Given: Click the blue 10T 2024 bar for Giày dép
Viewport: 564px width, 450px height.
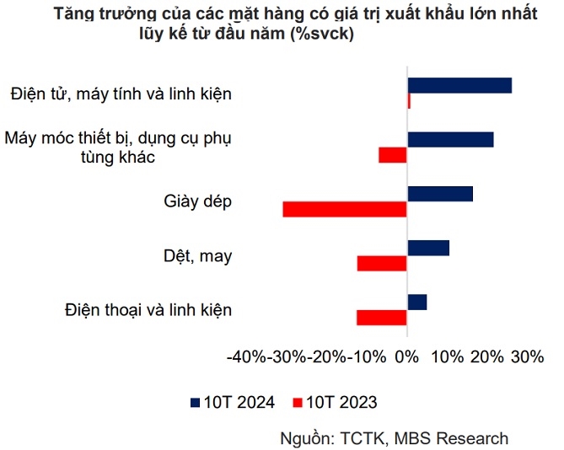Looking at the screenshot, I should (440, 194).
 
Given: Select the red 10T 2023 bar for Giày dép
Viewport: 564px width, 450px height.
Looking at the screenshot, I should (345, 209).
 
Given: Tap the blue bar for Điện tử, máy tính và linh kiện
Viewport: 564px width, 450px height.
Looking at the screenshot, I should (459, 85).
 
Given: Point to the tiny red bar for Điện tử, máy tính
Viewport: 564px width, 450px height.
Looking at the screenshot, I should (409, 101).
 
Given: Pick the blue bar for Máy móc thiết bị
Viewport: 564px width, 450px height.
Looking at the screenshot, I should (450, 140).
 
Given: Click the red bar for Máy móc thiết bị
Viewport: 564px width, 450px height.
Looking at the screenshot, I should (393, 155).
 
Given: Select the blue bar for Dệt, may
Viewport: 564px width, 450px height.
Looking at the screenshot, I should (428, 248).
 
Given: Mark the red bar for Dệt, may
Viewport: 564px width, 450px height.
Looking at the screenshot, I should (382, 263).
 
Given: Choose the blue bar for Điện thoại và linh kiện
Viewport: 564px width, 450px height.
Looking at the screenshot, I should (417, 302).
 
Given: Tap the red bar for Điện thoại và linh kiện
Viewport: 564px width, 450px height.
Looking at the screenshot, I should (382, 317).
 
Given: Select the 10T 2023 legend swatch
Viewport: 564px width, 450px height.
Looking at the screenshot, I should (296, 402).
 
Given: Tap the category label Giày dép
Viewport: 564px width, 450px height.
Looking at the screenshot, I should (197, 201).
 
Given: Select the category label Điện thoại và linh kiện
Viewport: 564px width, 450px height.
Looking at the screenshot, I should (148, 309).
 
